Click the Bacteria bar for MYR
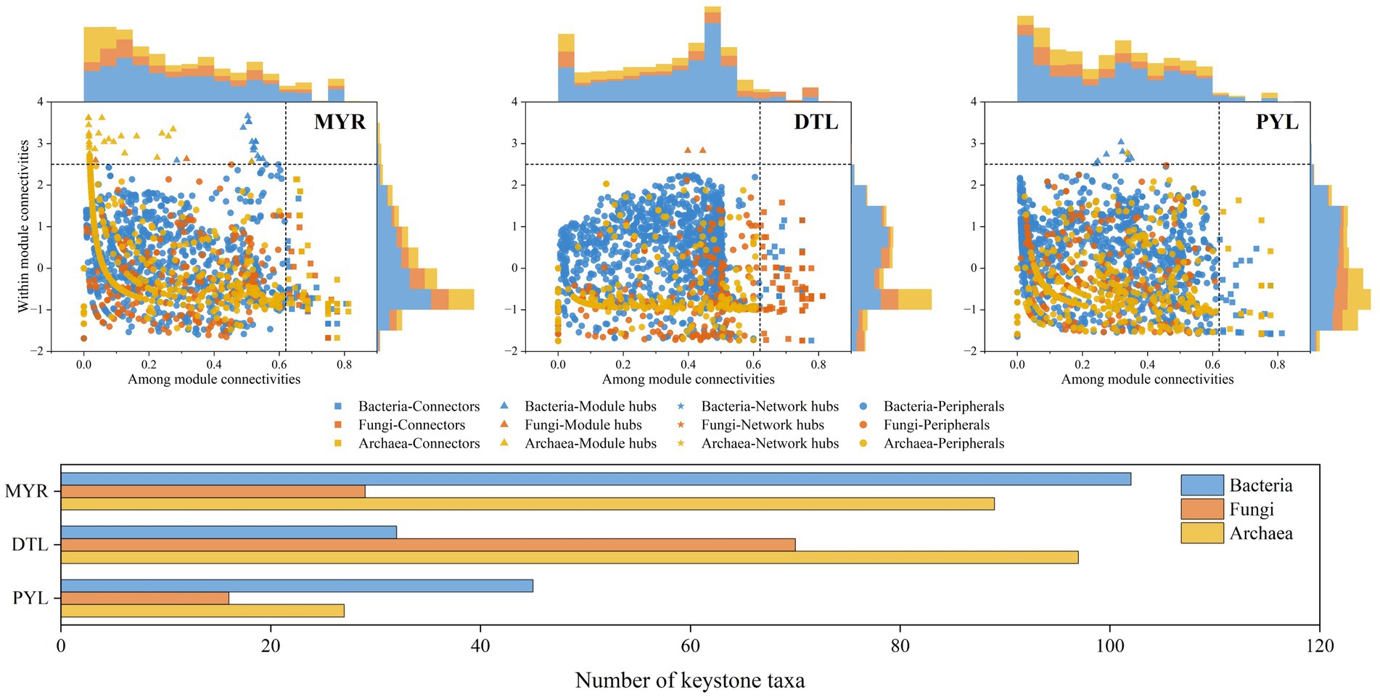[x=595, y=479]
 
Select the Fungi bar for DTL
[x=428, y=545]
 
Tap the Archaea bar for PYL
[x=202, y=611]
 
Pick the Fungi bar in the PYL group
[x=145, y=598]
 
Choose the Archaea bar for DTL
[x=570, y=557]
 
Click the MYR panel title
[x=340, y=122]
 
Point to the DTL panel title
[x=816, y=122]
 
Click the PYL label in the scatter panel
[x=1276, y=122]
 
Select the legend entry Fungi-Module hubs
[x=583, y=425]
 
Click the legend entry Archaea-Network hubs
[x=769, y=443]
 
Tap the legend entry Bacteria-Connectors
[x=419, y=407]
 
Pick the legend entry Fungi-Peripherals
[x=936, y=425]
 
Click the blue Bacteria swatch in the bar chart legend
[x=1202, y=485]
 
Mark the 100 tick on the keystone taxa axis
[x=1109, y=646]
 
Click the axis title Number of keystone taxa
[x=689, y=680]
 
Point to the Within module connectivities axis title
[x=24, y=226]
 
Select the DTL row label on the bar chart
[x=30, y=545]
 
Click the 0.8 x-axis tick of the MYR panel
[x=344, y=365]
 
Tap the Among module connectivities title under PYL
[x=1147, y=379]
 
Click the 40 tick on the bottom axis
[x=480, y=646]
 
